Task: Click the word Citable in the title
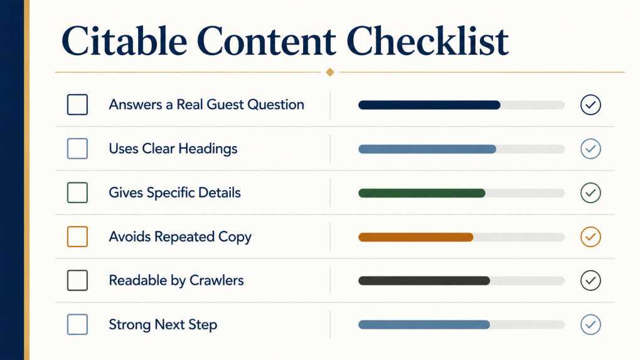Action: [x=124, y=41]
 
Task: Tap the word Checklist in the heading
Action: [x=427, y=41]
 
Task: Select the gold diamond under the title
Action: [x=330, y=72]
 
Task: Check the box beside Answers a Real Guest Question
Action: [x=78, y=105]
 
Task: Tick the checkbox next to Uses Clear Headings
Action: [x=78, y=149]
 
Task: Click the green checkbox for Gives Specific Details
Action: [x=78, y=193]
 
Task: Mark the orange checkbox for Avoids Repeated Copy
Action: [x=78, y=236]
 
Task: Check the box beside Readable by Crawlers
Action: [x=78, y=280]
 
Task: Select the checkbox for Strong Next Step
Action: [x=78, y=324]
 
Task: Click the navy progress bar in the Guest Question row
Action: [x=429, y=105]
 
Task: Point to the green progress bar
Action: [x=422, y=193]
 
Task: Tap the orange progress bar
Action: [x=416, y=237]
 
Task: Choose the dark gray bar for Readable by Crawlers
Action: [x=424, y=281]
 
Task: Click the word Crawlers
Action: [x=216, y=280]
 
